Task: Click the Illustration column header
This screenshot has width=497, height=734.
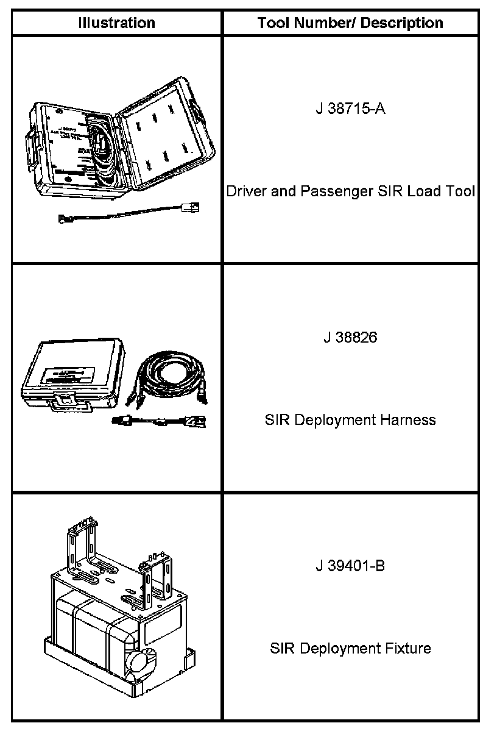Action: click(116, 23)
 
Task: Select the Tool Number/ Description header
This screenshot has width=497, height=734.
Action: click(350, 23)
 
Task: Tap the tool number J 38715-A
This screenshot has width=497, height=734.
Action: click(350, 109)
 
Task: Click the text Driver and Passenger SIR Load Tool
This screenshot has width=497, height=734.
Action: click(350, 191)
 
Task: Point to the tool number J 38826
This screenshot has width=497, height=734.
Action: click(350, 337)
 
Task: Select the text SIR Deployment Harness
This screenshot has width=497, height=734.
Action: click(350, 420)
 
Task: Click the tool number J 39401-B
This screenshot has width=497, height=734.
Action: click(350, 566)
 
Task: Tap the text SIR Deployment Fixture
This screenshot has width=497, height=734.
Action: click(350, 648)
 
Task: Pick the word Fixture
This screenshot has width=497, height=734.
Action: click(409, 648)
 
